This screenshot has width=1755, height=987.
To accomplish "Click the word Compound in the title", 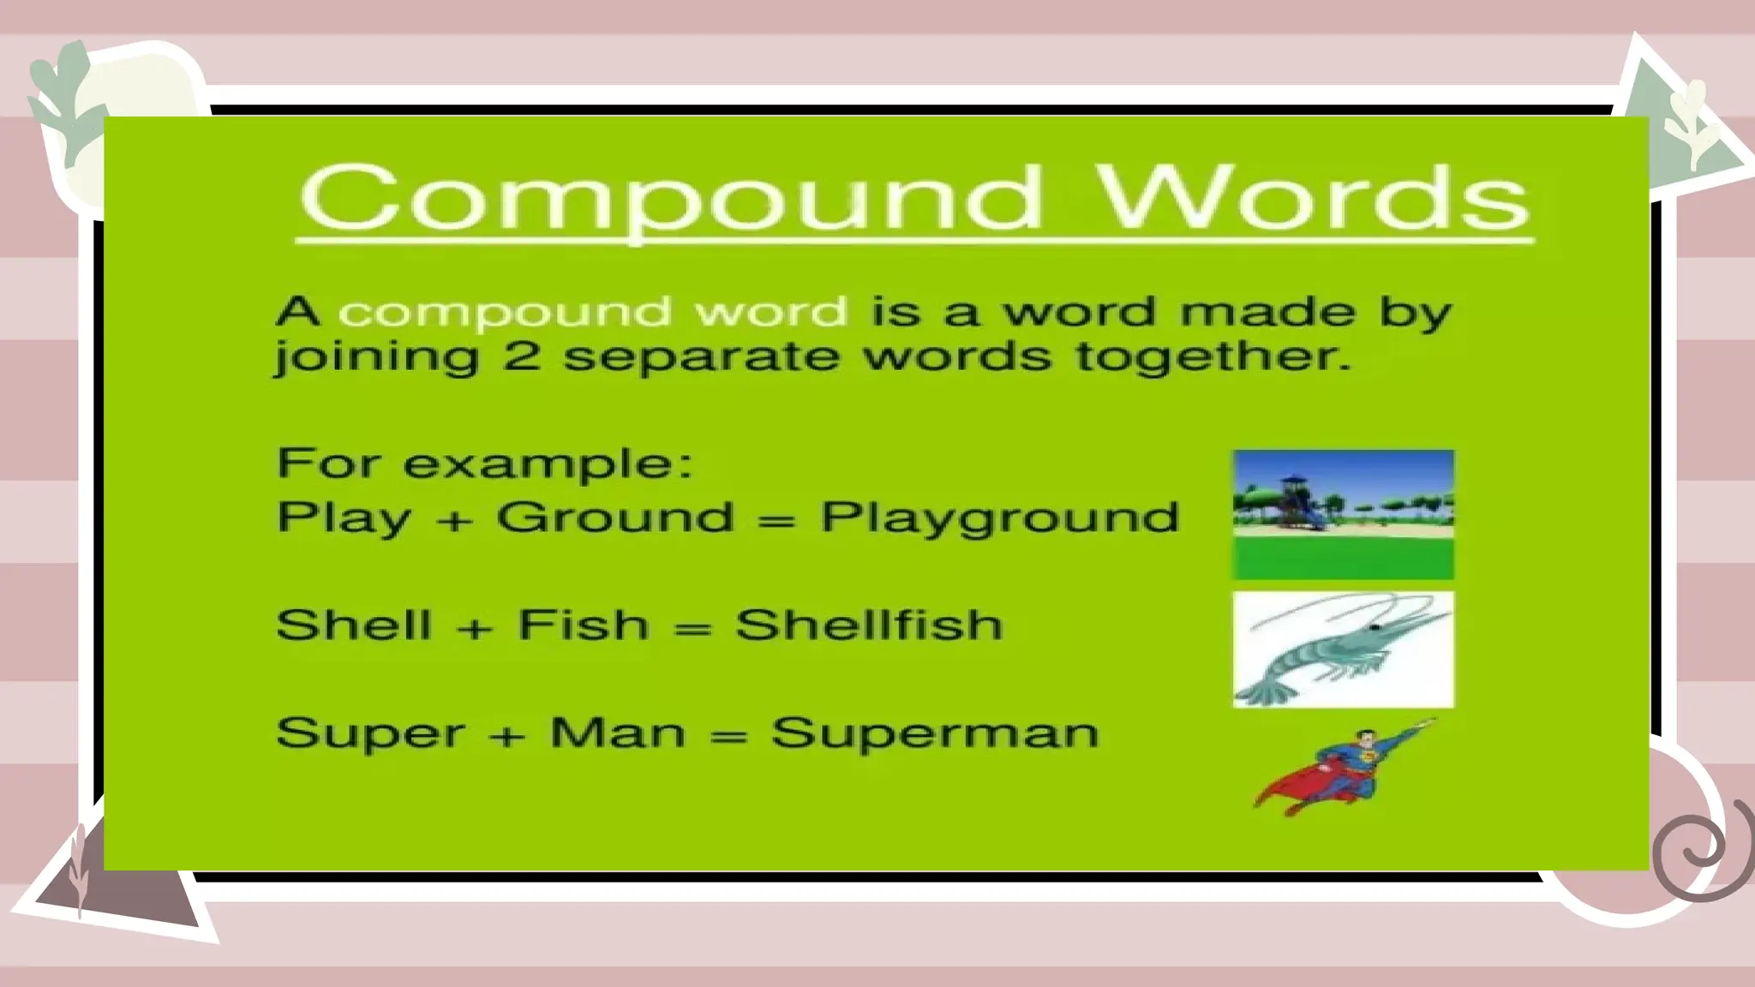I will [x=673, y=198].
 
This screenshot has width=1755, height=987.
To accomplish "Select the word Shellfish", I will [x=869, y=625].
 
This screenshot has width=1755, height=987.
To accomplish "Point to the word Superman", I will [x=935, y=733].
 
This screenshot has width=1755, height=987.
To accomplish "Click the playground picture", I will [x=1343, y=514].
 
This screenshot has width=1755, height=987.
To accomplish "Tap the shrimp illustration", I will [x=1343, y=649].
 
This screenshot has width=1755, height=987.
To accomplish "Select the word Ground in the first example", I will [x=615, y=517].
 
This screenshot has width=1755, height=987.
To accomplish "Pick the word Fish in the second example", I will [x=584, y=625].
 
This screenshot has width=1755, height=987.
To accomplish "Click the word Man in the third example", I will [x=618, y=733].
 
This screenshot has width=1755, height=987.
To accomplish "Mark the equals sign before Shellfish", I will [x=693, y=628].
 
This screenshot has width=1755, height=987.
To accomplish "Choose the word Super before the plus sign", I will [x=370, y=733].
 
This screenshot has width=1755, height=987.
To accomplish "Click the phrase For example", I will [x=484, y=464].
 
